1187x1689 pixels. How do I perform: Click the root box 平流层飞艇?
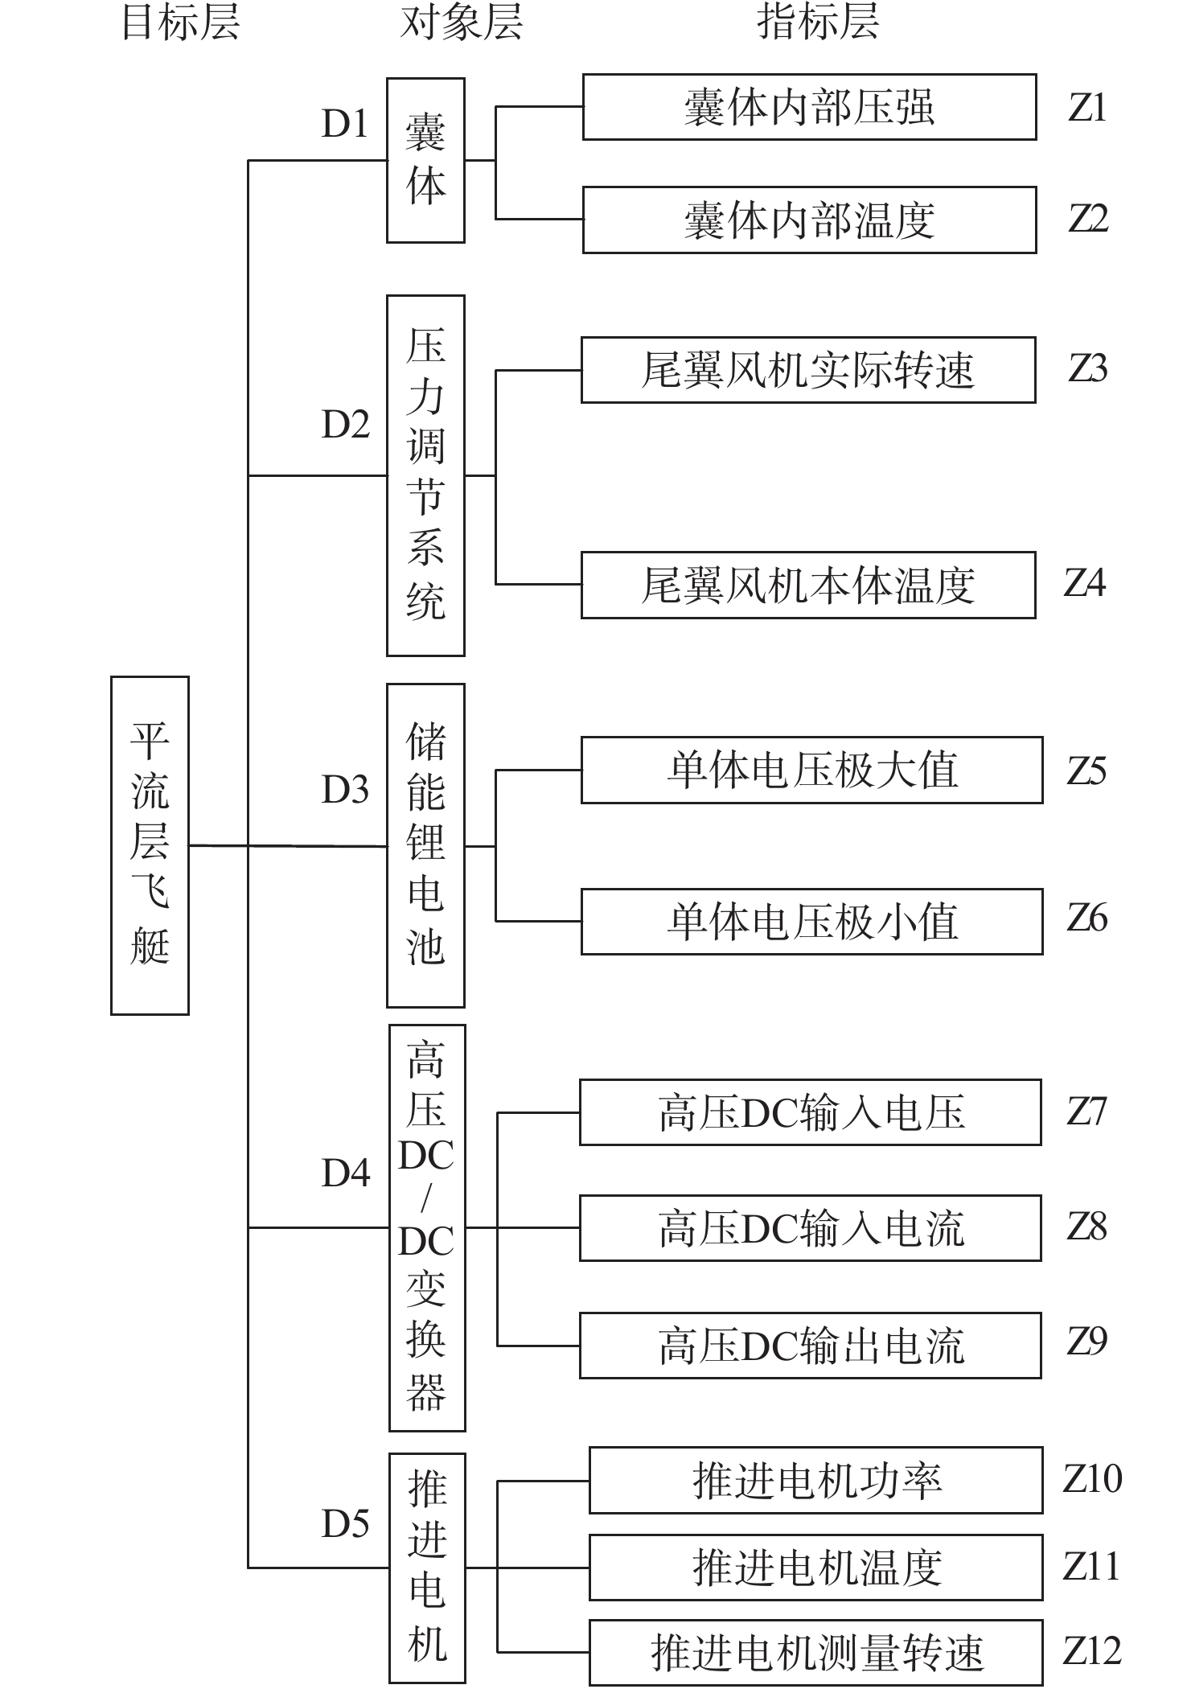tap(150, 844)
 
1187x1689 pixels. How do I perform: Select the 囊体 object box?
tap(425, 160)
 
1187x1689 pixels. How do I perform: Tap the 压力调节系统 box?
tap(425, 475)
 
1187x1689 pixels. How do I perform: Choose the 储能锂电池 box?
tap(425, 845)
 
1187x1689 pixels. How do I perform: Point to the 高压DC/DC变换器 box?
tap(427, 1227)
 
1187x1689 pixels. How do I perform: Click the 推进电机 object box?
tap(427, 1568)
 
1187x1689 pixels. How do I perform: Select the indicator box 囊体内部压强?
tap(809, 107)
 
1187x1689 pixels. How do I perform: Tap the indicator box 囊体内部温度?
tap(809, 220)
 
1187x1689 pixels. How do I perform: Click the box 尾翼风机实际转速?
tap(808, 370)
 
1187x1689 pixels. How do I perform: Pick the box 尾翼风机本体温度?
tap(808, 585)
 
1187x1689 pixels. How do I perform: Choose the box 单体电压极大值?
tap(811, 770)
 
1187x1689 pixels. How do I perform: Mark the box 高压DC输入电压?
tap(811, 1112)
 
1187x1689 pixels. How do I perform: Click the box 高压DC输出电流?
tap(811, 1346)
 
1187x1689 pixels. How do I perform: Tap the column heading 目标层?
tap(180, 22)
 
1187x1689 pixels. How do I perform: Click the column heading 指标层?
tap(818, 22)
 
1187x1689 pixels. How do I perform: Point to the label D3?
tap(345, 790)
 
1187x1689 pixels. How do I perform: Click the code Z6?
tap(1087, 918)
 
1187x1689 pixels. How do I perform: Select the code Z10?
tap(1092, 1478)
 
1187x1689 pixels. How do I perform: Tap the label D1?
tap(345, 123)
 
